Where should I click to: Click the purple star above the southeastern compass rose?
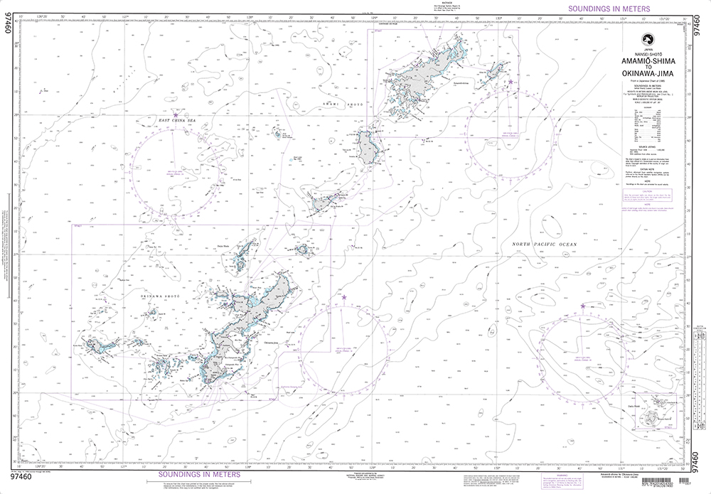pyautogui.click(x=583, y=306)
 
